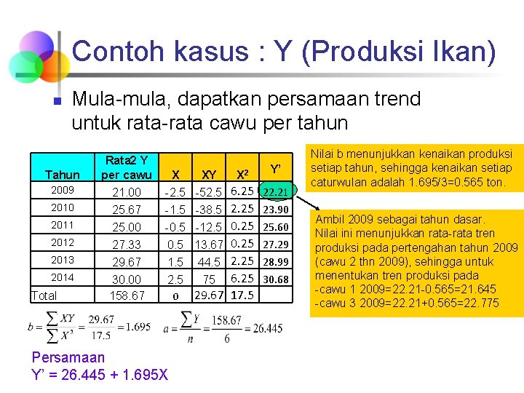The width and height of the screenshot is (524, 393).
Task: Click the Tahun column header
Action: tap(63, 175)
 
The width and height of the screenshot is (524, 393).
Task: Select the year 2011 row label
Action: tap(63, 225)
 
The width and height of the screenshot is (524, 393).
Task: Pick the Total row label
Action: tap(44, 295)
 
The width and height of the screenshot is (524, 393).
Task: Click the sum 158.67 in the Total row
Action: tap(127, 295)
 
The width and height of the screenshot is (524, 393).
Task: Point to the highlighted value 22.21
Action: tap(276, 192)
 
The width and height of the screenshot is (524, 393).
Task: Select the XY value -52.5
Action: tap(208, 192)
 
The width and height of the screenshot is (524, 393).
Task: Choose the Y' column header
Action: tap(276, 169)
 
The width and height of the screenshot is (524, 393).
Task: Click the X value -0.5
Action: tap(175, 227)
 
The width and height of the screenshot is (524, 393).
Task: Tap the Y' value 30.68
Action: tap(276, 279)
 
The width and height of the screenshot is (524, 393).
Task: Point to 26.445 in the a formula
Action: tap(267, 329)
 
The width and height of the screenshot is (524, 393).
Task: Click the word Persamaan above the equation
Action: tap(68, 357)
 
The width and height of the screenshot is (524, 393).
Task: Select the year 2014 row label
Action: tap(63, 277)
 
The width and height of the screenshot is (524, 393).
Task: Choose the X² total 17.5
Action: tap(242, 295)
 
